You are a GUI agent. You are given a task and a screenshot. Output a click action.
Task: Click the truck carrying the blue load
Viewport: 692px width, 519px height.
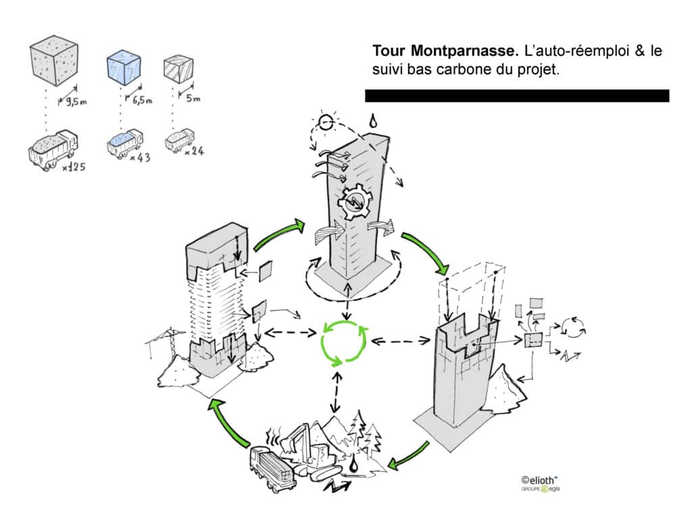pos(124,143)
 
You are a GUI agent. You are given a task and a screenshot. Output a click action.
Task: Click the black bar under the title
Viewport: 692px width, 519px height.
pos(517,96)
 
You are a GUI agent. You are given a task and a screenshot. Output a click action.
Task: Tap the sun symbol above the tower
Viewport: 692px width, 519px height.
pos(326,123)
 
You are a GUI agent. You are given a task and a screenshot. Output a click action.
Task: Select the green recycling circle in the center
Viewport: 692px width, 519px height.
pos(344,341)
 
